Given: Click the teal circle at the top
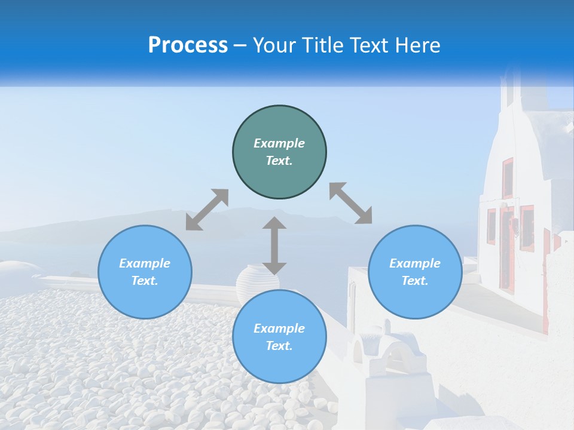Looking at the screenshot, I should pos(279,152).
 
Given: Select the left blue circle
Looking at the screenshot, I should pos(145,272).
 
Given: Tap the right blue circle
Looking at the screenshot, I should pos(415,272).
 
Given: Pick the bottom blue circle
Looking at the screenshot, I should pos(279,337).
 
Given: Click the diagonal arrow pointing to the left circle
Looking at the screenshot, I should pos(207,209).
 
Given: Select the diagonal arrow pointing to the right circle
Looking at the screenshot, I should pos(350,203).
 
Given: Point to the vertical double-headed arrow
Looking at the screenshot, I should pos(274,245).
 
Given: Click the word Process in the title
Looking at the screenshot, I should pos(188,45).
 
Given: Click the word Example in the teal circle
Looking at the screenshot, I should pos(279,143).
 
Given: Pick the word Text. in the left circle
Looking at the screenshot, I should pos(145,281).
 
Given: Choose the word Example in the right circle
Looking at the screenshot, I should pos(415,263).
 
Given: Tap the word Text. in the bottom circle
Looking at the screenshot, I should pos(279,346).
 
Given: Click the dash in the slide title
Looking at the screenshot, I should pos(240,45).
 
